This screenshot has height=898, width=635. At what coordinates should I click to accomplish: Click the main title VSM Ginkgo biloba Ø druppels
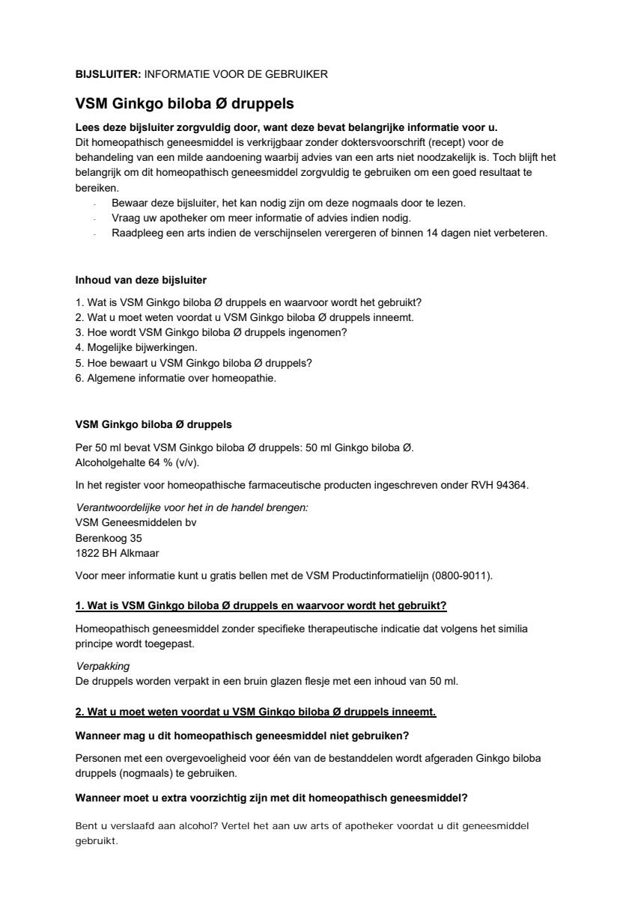[x=184, y=103]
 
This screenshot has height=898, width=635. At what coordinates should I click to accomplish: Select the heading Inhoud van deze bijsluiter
[x=141, y=280]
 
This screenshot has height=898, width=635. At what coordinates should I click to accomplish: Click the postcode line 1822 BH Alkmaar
[x=117, y=553]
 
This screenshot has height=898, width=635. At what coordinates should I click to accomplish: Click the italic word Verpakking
[x=101, y=665]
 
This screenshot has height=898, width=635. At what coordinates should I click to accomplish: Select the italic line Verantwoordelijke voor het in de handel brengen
[x=192, y=507]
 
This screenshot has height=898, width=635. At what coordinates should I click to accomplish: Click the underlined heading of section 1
[x=261, y=605]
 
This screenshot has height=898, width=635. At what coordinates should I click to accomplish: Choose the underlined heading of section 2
[x=255, y=711]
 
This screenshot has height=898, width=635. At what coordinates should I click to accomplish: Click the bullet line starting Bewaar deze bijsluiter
[x=288, y=203]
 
